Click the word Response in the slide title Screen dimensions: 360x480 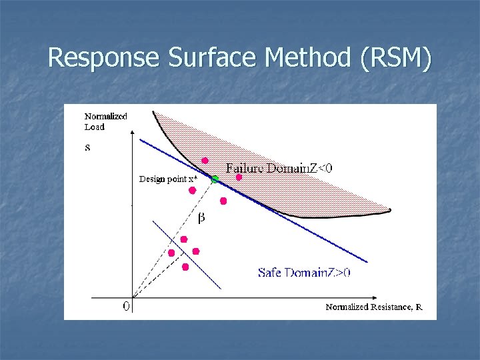(105, 58)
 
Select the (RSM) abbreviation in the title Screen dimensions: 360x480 (395, 58)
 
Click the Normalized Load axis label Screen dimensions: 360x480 (105, 121)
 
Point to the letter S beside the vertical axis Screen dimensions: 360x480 (88, 147)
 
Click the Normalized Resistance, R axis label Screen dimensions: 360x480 (373, 307)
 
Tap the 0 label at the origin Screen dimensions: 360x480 (125, 307)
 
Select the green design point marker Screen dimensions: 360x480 (215, 179)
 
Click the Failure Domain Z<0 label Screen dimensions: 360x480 (279, 168)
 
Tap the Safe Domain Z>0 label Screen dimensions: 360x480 (305, 272)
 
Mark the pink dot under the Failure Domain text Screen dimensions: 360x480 (239, 177)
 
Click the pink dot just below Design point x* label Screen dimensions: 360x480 (192, 190)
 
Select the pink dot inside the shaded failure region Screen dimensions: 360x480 (205, 161)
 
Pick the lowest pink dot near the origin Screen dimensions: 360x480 (185, 267)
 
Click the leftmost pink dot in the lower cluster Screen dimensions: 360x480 (171, 253)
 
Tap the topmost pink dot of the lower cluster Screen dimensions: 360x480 (184, 239)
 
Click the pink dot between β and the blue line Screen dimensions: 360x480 (223, 201)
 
